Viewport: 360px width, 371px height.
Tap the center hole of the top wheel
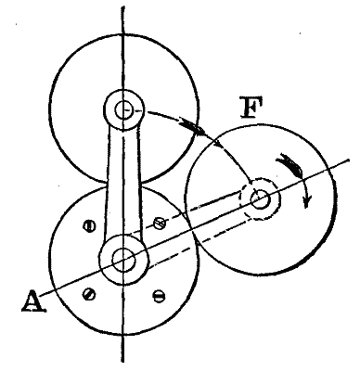tap(123, 109)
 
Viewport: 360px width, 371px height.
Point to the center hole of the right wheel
tap(260, 198)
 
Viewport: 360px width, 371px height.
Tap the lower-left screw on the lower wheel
tap(88, 294)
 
